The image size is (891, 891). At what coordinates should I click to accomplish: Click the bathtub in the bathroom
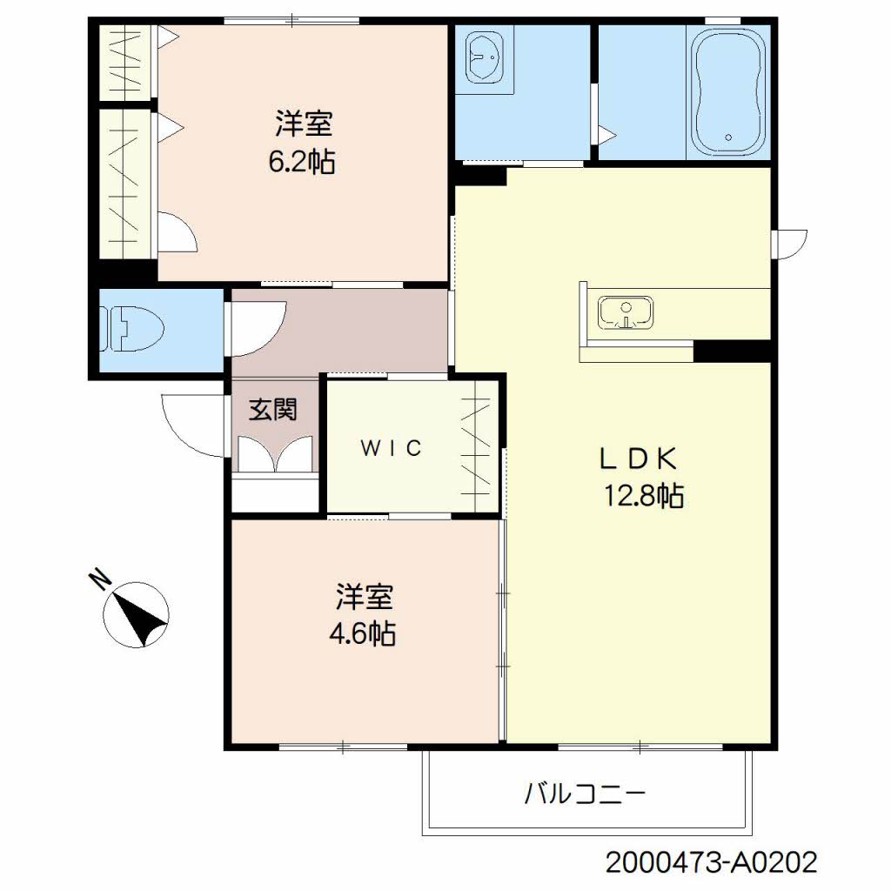(x=728, y=90)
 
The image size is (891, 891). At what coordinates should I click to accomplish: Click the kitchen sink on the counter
(x=626, y=312)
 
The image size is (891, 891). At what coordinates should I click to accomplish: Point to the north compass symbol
(x=137, y=613)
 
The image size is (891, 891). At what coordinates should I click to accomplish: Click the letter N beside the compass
(x=101, y=578)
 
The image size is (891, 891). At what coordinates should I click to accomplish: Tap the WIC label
(x=392, y=448)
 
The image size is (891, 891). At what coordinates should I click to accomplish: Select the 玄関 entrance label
(x=273, y=410)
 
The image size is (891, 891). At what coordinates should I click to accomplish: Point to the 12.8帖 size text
(x=644, y=496)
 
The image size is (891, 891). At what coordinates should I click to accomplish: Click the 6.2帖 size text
(x=302, y=162)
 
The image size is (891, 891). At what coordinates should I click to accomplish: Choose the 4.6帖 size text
(x=363, y=633)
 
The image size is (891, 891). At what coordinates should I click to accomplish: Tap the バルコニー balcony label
(x=585, y=794)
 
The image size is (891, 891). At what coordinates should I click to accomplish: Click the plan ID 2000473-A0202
(x=712, y=863)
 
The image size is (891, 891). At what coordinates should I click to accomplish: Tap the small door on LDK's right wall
(x=790, y=244)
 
